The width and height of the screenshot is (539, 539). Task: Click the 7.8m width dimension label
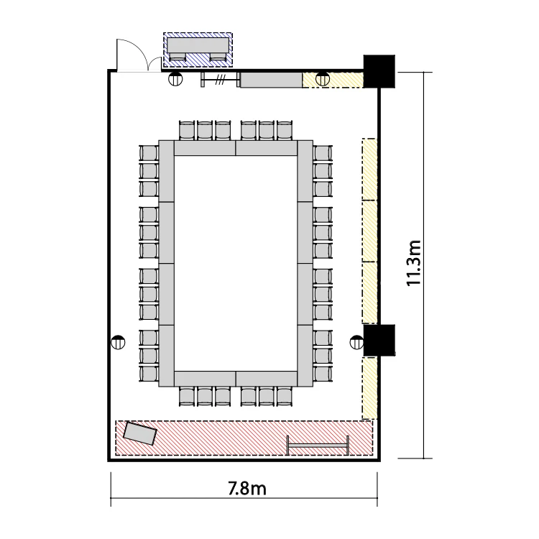[247, 489]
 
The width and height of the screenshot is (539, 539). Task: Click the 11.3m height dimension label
[414, 263]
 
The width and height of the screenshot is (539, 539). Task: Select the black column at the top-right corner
[379, 71]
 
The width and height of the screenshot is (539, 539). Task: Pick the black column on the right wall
[379, 341]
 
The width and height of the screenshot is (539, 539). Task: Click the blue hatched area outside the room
[198, 50]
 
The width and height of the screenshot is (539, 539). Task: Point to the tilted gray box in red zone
[140, 433]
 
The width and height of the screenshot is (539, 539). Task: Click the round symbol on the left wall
[119, 342]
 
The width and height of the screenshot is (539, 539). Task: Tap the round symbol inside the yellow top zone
[323, 80]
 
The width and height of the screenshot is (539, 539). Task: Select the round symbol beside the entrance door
[175, 79]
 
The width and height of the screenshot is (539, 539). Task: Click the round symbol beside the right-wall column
[356, 342]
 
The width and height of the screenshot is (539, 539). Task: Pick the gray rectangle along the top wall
[271, 80]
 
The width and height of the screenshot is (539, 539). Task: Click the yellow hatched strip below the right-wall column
[369, 388]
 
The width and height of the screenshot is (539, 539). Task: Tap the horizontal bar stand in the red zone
[318, 446]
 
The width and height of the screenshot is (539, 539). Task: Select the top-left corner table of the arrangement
[167, 171]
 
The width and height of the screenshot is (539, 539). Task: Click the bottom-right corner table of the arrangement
[305, 356]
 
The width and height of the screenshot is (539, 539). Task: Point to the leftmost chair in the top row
[188, 130]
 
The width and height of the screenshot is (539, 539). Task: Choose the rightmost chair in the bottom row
[284, 396]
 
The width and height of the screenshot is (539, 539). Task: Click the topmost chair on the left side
[149, 153]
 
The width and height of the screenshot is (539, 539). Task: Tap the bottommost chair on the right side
[323, 374]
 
